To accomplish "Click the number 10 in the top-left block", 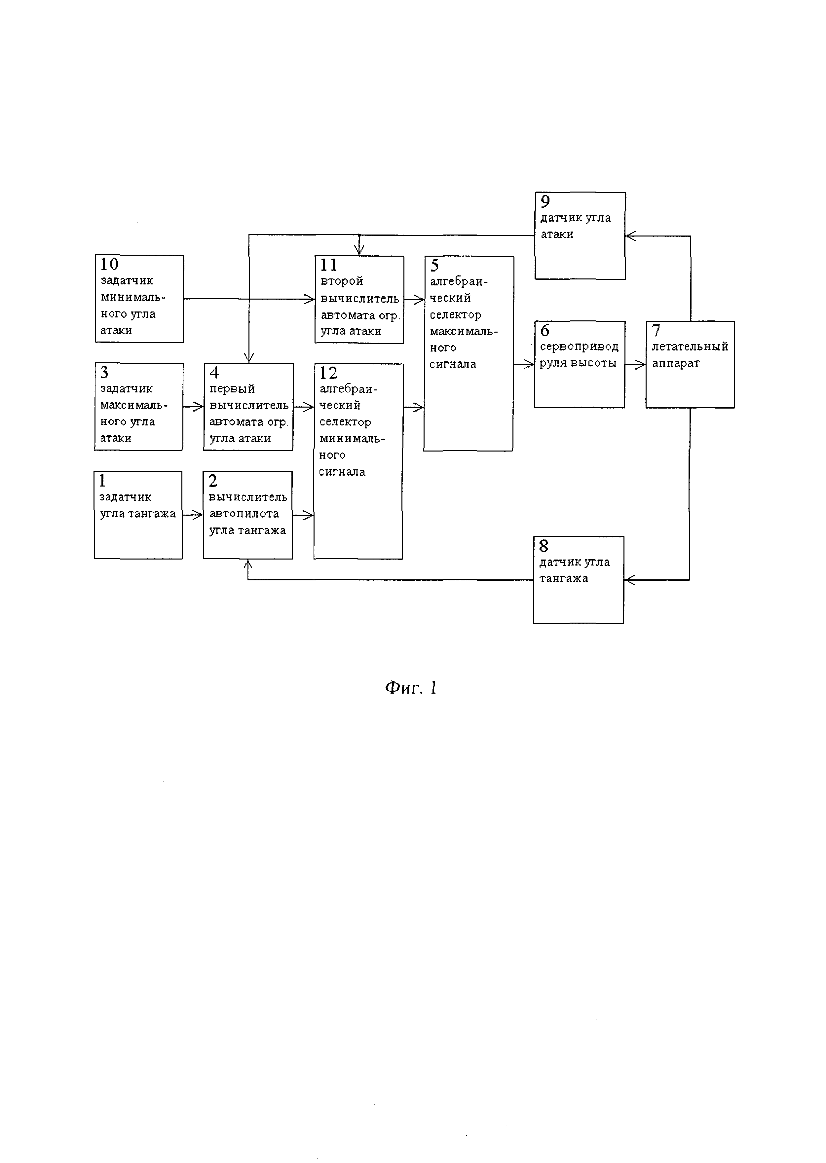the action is point(109,265).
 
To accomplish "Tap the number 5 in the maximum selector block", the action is point(434,266).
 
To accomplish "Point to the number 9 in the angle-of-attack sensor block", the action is point(545,202).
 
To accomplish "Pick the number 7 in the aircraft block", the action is point(656,331).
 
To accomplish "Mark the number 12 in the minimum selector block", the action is point(328,373).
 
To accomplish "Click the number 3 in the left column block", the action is point(105,373).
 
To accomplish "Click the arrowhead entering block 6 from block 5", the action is point(530,364).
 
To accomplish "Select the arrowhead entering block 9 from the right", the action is point(630,236).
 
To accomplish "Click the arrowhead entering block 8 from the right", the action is point(629,580).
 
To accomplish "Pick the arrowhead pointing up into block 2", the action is point(248,564).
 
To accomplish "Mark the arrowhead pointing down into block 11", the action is point(359,251).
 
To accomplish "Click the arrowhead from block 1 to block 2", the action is point(198,515).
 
